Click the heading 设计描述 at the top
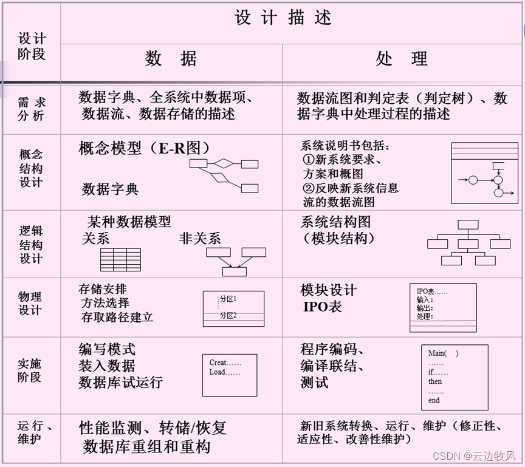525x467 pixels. tap(283, 18)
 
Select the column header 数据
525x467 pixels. tap(171, 59)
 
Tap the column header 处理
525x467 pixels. tap(402, 59)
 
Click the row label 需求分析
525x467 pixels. tap(31, 109)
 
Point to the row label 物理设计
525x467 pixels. tap(30, 304)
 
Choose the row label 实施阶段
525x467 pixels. tap(30, 370)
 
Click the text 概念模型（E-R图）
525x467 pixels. tap(145, 148)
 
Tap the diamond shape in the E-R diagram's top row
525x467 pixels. tap(224, 163)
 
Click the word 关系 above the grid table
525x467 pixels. tap(95, 238)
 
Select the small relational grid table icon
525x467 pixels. tap(120, 259)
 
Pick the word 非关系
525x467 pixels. tap(200, 238)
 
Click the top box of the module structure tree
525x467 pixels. tap(468, 224)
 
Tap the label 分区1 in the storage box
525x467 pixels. tap(228, 299)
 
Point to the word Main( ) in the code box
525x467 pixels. tap(443, 353)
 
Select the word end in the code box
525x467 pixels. tap(434, 400)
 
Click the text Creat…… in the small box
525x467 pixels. tap(225, 363)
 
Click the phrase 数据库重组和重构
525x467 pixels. tap(146, 447)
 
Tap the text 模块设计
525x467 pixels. tap(329, 290)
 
